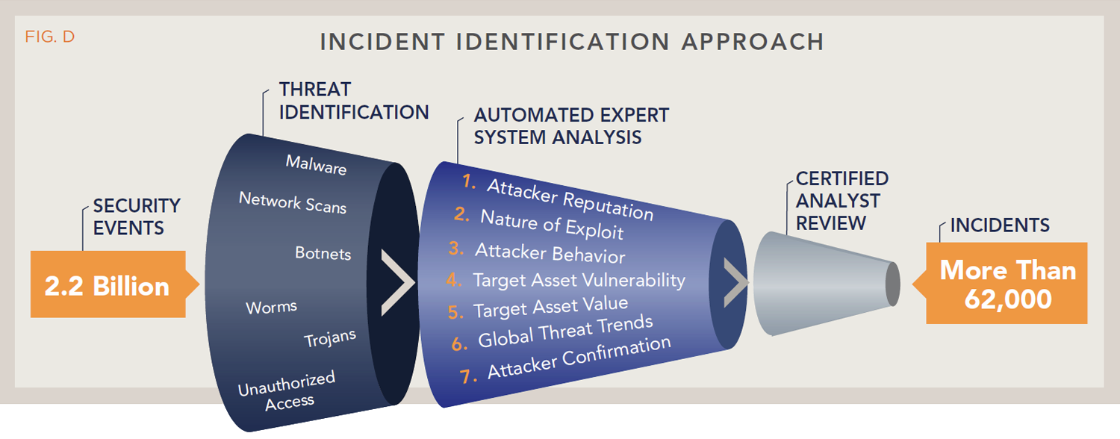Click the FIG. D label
(x=49, y=37)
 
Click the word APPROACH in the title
(x=753, y=42)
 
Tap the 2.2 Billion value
(x=107, y=286)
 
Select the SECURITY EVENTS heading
(x=137, y=217)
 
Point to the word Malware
(x=316, y=164)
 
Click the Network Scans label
(x=293, y=202)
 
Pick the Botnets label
(x=323, y=253)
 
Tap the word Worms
(x=272, y=307)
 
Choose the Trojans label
(x=330, y=338)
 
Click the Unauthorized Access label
(x=287, y=391)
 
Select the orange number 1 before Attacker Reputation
(x=468, y=181)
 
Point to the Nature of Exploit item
(x=552, y=224)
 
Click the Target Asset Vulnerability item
(x=579, y=280)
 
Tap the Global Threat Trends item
(x=565, y=331)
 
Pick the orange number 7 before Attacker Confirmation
(x=467, y=376)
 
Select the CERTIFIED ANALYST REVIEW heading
(x=842, y=201)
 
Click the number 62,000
(x=1008, y=299)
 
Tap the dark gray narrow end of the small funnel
(x=893, y=284)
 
